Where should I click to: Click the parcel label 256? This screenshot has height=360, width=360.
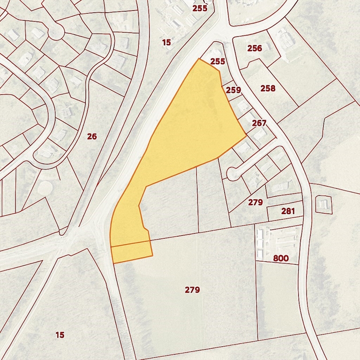255,48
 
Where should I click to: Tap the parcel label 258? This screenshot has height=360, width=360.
268,89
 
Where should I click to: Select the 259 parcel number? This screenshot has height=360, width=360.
233,90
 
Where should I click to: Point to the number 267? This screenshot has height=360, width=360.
259,123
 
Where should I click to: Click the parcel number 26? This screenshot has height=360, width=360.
92,136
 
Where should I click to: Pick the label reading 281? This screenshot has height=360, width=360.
288,211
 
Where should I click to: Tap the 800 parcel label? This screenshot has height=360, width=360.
281,258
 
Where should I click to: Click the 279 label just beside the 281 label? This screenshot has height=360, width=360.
255,202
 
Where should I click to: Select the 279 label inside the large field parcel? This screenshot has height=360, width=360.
192,290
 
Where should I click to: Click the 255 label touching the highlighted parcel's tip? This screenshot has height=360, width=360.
217,61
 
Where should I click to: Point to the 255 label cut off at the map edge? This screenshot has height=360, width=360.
200,8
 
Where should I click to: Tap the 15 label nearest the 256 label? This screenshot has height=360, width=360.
166,43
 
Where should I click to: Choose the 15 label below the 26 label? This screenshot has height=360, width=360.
60,335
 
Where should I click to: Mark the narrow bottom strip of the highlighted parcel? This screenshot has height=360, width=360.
132,252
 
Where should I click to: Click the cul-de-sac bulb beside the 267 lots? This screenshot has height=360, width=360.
232,174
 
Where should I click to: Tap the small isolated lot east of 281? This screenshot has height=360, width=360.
323,204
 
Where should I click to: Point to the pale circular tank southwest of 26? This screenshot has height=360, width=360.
45,188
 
